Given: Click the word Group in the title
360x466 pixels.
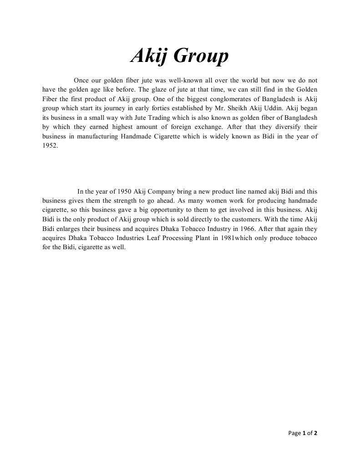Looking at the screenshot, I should (x=201, y=56).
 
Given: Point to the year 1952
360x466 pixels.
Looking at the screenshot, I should (x=50, y=146).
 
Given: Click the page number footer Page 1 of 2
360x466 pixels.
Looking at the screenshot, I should (x=303, y=433).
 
